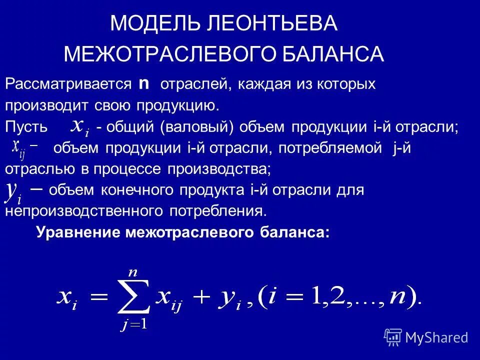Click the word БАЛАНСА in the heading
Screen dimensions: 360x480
tap(341, 54)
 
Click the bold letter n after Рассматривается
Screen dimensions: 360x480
tap(144, 83)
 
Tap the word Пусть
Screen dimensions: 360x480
tap(26, 126)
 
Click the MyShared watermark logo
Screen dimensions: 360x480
tap(426, 337)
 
